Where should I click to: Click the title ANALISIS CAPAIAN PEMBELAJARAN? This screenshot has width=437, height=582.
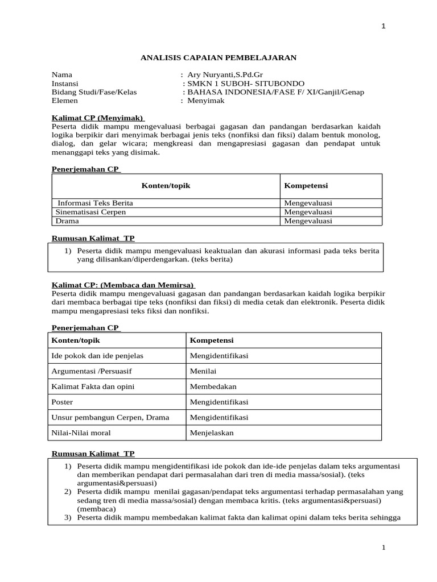click(x=218, y=57)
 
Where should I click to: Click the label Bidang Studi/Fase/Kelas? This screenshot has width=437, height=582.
click(x=94, y=92)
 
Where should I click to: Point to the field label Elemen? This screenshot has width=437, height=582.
click(x=64, y=100)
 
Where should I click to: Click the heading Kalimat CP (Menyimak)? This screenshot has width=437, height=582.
click(x=97, y=118)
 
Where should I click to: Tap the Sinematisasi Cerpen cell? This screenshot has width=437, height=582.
click(x=90, y=212)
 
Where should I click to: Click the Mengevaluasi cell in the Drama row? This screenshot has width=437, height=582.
click(x=308, y=221)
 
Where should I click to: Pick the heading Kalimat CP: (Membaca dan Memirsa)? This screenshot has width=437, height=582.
click(x=123, y=285)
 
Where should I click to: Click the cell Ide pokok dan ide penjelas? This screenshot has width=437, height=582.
click(x=97, y=356)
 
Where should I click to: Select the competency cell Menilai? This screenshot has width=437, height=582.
click(x=203, y=371)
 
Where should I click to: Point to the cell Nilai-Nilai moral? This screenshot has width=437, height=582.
click(x=81, y=433)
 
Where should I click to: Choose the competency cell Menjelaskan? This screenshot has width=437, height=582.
click(x=212, y=433)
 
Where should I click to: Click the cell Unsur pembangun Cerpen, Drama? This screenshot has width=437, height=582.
click(x=110, y=417)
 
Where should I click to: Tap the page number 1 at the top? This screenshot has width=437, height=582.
click(x=384, y=27)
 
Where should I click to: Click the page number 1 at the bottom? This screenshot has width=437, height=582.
click(x=384, y=547)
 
